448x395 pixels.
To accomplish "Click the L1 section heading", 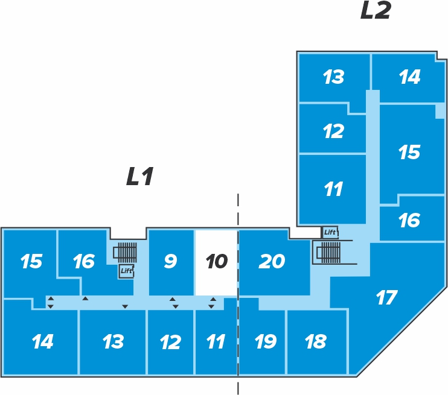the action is point(139,176).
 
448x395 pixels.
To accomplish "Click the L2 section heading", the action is point(376,10).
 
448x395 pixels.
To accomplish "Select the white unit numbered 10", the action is point(216,263).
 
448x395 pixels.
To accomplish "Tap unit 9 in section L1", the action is point(171,263).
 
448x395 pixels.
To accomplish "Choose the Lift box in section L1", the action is point(126,271).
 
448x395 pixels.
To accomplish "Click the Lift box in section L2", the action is point(330,232).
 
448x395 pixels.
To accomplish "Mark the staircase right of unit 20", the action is point(328,252).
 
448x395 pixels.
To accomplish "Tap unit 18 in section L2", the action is point(316,342).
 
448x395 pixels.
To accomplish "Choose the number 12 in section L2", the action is point(333,131).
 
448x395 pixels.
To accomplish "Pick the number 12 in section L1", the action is point(170,342).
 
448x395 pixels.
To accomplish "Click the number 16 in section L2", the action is point(409,220).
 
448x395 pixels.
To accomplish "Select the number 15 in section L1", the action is point(31,261).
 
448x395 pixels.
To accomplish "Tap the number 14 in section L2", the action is point(409,77).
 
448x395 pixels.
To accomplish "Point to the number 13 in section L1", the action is point(113,341).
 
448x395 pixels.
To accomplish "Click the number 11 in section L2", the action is point(333,189).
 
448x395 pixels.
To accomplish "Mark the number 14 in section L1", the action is point(43,341).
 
